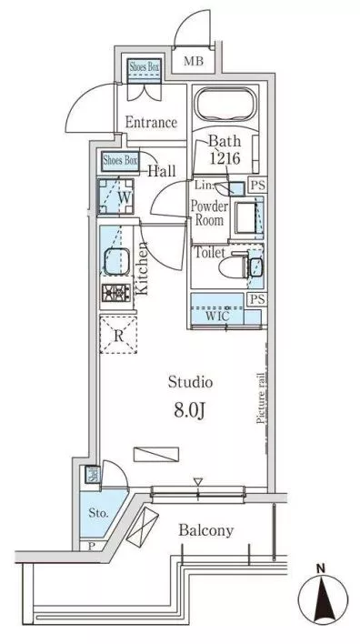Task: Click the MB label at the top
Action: click(x=193, y=62)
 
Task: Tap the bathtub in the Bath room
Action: click(x=225, y=103)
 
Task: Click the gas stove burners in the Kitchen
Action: click(x=116, y=292)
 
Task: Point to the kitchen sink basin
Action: click(x=116, y=262)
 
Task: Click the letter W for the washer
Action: click(x=125, y=197)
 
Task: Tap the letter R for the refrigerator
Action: click(x=118, y=336)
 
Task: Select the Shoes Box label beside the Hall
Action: click(x=120, y=161)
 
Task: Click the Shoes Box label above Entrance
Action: click(x=144, y=66)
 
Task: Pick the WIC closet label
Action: click(x=217, y=317)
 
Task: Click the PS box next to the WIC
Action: click(x=258, y=299)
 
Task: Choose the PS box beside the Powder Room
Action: click(x=258, y=186)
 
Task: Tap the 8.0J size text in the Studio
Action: click(x=190, y=411)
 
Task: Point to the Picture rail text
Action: click(x=260, y=397)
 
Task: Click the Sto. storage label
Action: click(x=99, y=513)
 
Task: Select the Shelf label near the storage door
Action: click(x=93, y=475)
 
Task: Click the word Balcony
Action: click(x=206, y=530)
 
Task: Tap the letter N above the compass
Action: click(x=322, y=569)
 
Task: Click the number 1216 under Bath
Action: click(x=225, y=158)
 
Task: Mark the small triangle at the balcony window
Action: click(x=198, y=481)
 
